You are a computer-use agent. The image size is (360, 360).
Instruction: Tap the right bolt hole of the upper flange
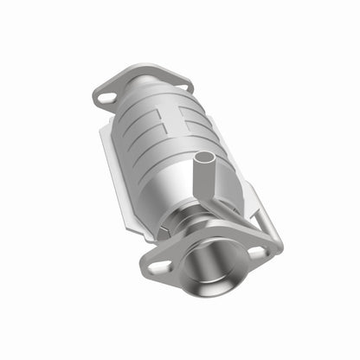177,83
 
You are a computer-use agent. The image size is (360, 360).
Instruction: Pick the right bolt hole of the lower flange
256,253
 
